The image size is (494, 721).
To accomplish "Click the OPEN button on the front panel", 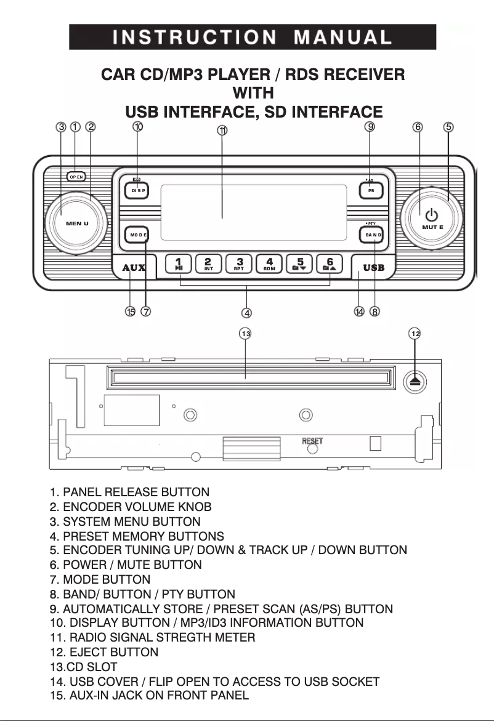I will (x=76, y=176).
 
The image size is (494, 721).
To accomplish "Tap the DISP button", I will (x=139, y=191).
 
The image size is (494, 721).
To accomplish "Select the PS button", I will (x=371, y=191).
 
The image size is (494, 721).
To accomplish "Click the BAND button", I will (x=373, y=235).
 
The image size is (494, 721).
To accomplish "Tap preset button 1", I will (x=178, y=264).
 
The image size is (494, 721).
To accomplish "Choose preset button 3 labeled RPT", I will (x=239, y=264).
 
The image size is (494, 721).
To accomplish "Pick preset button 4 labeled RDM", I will (x=269, y=264).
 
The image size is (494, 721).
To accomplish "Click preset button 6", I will (x=330, y=264).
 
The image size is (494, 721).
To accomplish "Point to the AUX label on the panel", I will (x=134, y=268).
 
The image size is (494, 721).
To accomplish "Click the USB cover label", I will (x=373, y=268).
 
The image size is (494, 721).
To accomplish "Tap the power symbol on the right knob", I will (x=432, y=214).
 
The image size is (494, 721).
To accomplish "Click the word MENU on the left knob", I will (x=77, y=223).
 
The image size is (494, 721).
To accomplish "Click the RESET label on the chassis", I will (x=312, y=441).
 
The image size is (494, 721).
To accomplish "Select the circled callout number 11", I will (x=222, y=131).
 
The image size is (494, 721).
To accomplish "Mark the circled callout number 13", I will (x=246, y=333).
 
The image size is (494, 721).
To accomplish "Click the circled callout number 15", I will (x=130, y=312).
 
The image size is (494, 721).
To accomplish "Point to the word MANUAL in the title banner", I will (x=342, y=37).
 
